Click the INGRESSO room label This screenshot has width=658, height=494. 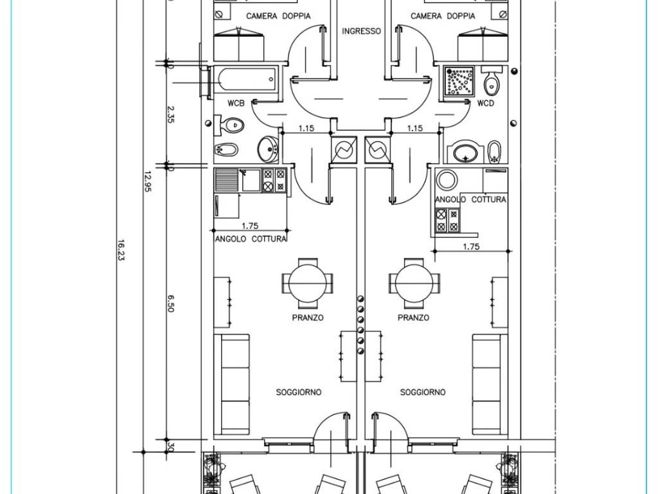(x=361, y=31)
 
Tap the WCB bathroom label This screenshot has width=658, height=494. (x=236, y=103)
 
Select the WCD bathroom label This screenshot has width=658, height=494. (x=486, y=103)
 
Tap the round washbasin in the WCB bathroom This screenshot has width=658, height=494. (x=267, y=149)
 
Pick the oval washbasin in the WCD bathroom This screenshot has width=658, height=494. (x=465, y=152)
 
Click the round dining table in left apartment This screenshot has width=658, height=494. (x=308, y=283)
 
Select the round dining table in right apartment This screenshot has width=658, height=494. (x=414, y=283)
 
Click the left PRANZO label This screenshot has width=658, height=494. (x=308, y=318)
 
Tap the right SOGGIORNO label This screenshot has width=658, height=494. (x=423, y=392)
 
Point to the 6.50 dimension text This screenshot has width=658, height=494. (x=170, y=303)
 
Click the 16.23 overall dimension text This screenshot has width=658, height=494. (x=121, y=250)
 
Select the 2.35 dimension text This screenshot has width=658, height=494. (x=170, y=114)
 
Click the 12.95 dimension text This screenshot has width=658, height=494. (x=147, y=181)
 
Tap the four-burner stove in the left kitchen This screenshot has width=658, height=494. (x=274, y=180)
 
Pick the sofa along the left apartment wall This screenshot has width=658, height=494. (x=231, y=384)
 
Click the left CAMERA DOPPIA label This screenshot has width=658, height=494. (x=278, y=16)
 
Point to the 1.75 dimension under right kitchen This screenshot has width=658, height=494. (x=471, y=246)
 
